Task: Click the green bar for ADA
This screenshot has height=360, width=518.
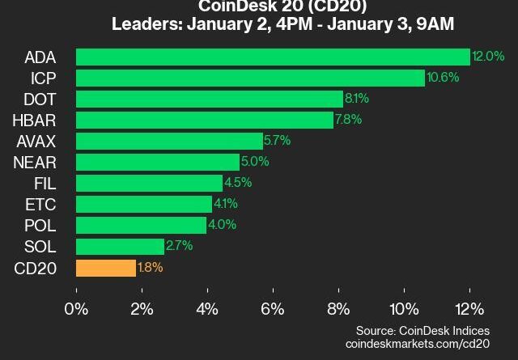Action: click(x=273, y=57)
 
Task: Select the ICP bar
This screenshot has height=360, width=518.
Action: click(x=250, y=78)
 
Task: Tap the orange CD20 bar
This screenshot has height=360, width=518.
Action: click(x=106, y=268)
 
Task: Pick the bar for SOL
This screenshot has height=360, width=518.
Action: click(x=120, y=246)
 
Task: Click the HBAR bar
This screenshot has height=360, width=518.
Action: click(x=204, y=120)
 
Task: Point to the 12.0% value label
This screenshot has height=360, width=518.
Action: click(x=488, y=57)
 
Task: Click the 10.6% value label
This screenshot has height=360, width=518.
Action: click(x=443, y=78)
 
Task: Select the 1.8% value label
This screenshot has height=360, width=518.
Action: click(x=151, y=268)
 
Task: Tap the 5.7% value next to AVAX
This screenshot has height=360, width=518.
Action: click(x=277, y=141)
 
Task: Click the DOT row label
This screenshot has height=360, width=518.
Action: click(x=40, y=99)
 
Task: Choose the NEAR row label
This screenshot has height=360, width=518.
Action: click(x=35, y=162)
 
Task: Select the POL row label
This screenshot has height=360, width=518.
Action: click(x=40, y=225)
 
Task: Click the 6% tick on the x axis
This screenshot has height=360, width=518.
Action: click(x=273, y=309)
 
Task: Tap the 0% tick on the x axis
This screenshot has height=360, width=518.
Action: click(x=77, y=309)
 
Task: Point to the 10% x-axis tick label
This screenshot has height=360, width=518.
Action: click(x=404, y=309)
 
